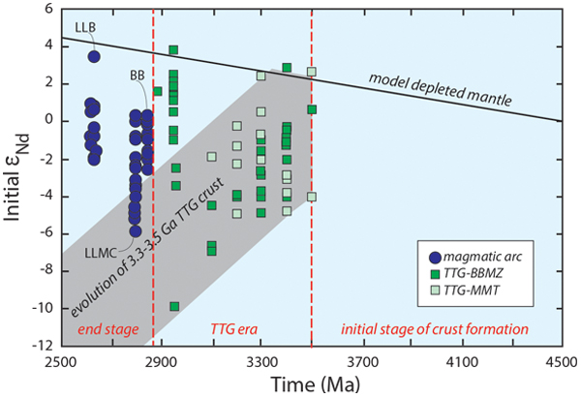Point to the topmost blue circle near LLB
pyautogui.click(x=94, y=56)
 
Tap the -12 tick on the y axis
pyautogui.click(x=40, y=346)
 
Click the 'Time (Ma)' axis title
pyautogui.click(x=307, y=383)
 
